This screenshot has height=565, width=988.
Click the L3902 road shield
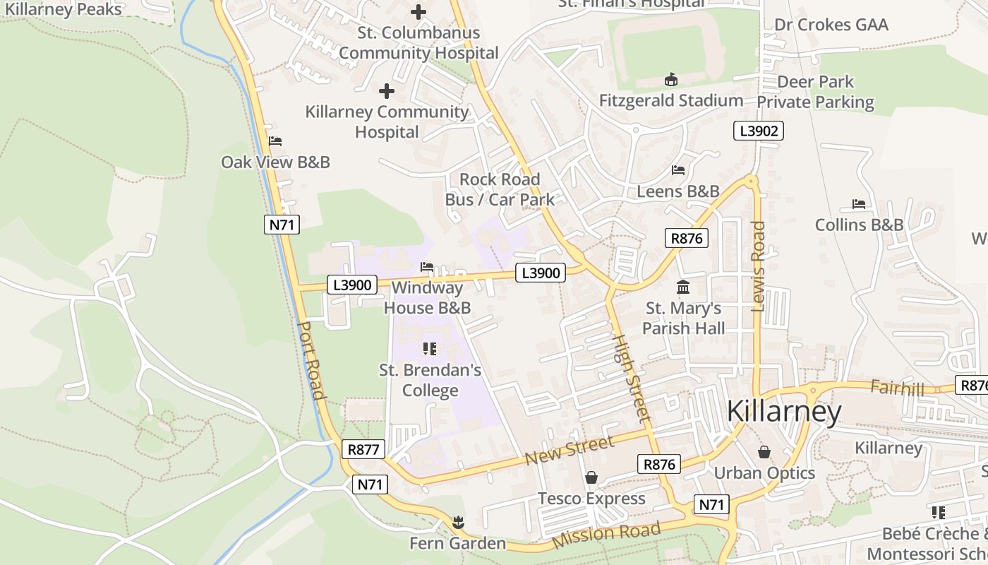click(x=759, y=131)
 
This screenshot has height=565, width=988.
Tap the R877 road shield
click(x=364, y=449)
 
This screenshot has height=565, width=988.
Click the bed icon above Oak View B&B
click(x=275, y=141)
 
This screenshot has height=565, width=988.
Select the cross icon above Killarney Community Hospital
click(x=387, y=91)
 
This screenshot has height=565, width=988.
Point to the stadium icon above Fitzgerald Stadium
click(x=670, y=80)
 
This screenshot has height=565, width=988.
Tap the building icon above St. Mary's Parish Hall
click(x=683, y=287)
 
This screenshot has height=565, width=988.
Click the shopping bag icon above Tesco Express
click(x=591, y=478)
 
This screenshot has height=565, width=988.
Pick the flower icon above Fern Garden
click(x=458, y=523)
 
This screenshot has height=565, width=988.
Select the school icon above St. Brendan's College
click(x=430, y=349)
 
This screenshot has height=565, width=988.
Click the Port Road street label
click(x=311, y=361)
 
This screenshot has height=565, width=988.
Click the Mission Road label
click(x=607, y=535)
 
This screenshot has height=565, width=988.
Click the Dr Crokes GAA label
click(x=831, y=25)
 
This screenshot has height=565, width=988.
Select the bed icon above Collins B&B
click(x=859, y=204)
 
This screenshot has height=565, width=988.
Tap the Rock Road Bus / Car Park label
click(x=500, y=189)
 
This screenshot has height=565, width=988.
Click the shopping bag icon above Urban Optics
click(x=764, y=452)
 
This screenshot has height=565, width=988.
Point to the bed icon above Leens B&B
click(x=678, y=170)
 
